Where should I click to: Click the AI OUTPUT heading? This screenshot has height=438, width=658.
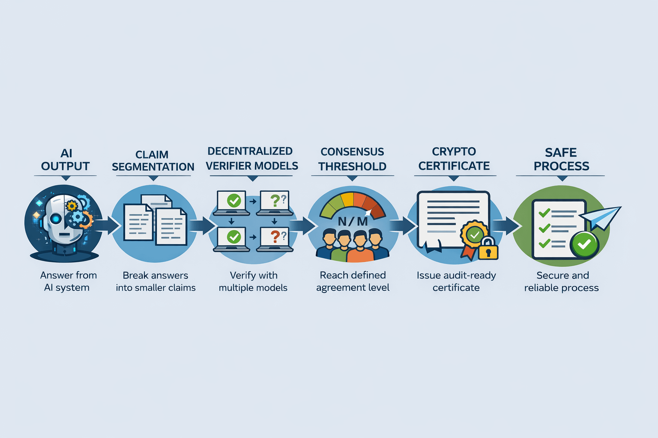pyautogui.click(x=66, y=160)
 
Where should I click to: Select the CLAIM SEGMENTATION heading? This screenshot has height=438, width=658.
pyautogui.click(x=153, y=161)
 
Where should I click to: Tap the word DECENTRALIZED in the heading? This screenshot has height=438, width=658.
pyautogui.click(x=250, y=151)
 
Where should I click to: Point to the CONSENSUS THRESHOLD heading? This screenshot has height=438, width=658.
pyautogui.click(x=352, y=159)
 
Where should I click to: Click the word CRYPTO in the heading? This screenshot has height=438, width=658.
pyautogui.click(x=454, y=152)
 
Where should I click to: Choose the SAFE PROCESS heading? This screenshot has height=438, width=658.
pyautogui.click(x=561, y=159)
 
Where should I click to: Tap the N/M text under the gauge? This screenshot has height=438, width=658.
pyautogui.click(x=353, y=222)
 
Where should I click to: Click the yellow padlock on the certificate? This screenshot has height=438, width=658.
pyautogui.click(x=488, y=249)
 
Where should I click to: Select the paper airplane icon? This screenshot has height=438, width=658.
pyautogui.click(x=601, y=217)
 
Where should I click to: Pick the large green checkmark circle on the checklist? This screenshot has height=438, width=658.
pyautogui.click(x=584, y=244)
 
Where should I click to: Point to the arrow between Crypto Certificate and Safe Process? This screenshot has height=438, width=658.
pyautogui.click(x=506, y=225)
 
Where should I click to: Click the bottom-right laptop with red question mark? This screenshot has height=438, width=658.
pyautogui.click(x=275, y=238)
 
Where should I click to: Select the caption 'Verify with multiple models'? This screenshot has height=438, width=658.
pyautogui.click(x=253, y=281)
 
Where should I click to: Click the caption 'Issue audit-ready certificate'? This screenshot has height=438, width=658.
pyautogui.click(x=456, y=281)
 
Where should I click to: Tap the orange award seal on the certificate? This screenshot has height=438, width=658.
pyautogui.click(x=474, y=234)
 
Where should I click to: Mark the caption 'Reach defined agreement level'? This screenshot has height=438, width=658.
pyautogui.click(x=353, y=281)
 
